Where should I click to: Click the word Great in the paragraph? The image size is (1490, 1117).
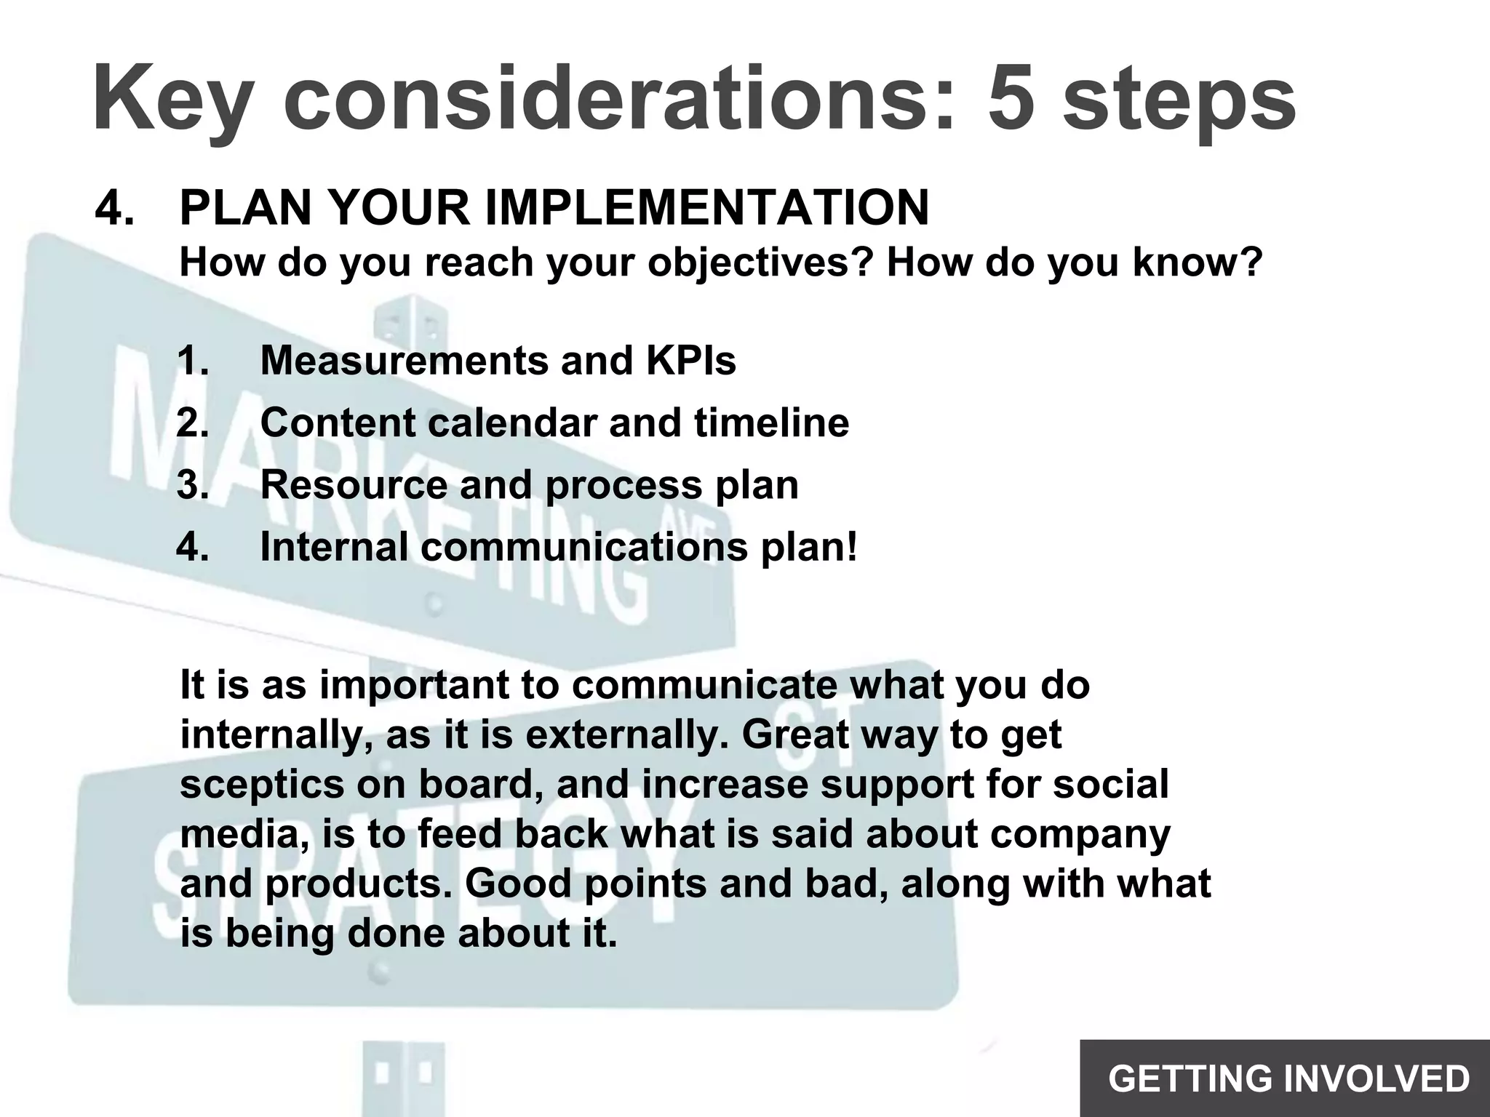[x=794, y=735]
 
